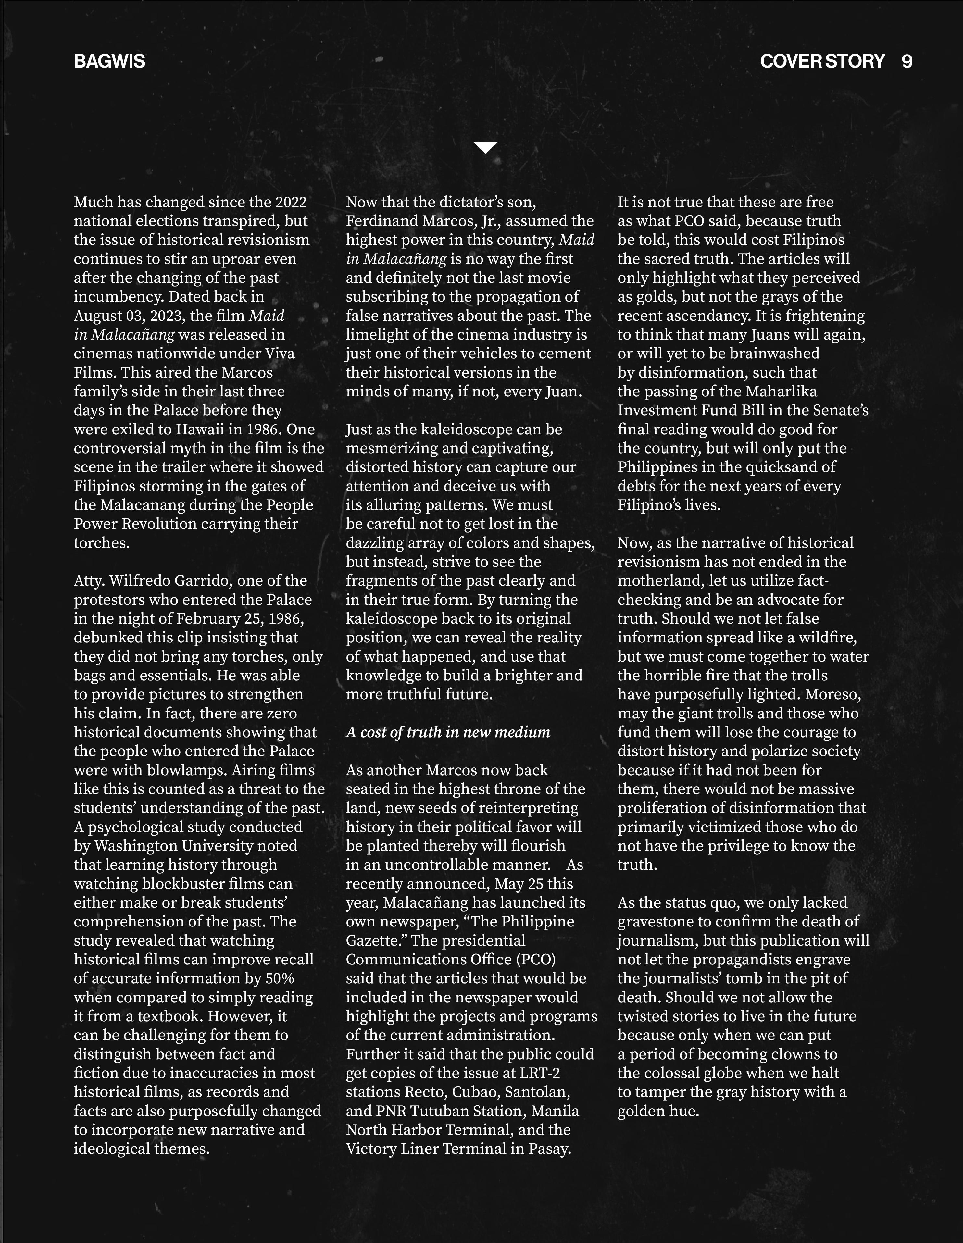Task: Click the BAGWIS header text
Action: [109, 61]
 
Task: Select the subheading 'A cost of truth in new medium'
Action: [448, 732]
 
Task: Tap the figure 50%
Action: [280, 978]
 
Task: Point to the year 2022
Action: [291, 202]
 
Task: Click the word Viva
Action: [280, 354]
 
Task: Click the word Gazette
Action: [373, 940]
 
